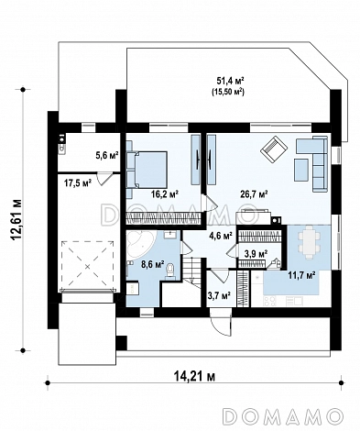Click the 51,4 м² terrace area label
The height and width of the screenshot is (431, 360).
coord(230,81)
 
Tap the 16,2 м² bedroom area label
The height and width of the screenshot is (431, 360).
coord(165,193)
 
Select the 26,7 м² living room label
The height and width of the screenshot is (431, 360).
coord(254,194)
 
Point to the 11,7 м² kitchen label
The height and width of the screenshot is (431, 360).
coord(301,275)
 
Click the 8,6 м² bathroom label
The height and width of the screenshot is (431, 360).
coord(153,264)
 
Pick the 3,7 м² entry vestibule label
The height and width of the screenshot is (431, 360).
coord(219,295)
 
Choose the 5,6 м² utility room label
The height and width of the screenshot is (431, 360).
coord(107,156)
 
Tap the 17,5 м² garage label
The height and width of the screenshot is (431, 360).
coord(78,183)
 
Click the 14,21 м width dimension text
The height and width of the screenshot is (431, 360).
coord(194,376)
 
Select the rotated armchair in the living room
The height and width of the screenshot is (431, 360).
coord(274,149)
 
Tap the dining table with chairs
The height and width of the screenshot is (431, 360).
coord(310,242)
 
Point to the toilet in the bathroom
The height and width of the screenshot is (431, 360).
coord(169,271)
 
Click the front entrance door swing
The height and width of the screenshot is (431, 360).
coord(221,323)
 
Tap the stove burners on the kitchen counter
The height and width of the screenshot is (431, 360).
coord(270,301)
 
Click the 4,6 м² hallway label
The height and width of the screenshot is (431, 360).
coord(221,237)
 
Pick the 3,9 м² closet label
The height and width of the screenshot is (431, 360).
coord(256,254)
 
